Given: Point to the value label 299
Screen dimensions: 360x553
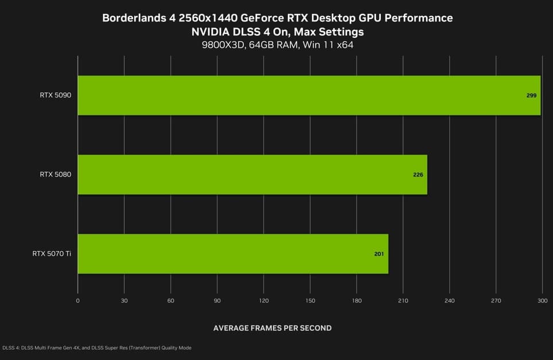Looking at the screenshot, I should pyautogui.click(x=531, y=95).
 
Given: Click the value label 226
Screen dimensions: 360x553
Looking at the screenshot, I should pyautogui.click(x=418, y=174).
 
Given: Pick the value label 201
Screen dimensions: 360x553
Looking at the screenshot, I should pyautogui.click(x=379, y=253).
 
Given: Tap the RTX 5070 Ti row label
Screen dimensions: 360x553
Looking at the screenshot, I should pyautogui.click(x=52, y=253).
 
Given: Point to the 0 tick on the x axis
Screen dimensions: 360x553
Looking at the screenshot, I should pyautogui.click(x=77, y=300).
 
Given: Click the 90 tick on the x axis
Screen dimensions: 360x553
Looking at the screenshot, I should pyautogui.click(x=217, y=300).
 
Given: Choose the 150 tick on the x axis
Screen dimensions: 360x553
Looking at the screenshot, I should pyautogui.click(x=310, y=300).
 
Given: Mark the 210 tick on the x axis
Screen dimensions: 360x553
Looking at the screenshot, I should pyautogui.click(x=403, y=300).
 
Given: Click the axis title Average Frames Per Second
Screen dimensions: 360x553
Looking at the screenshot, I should pyautogui.click(x=272, y=328).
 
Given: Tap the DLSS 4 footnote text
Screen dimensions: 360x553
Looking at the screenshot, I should pyautogui.click(x=97, y=348).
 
